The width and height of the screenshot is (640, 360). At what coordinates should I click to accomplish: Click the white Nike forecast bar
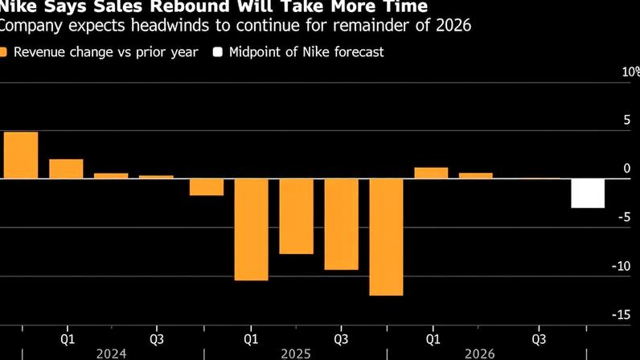click(588, 194)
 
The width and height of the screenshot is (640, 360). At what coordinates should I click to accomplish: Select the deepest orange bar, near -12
click(387, 237)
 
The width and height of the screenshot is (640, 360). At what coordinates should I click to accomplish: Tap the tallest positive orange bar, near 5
click(21, 155)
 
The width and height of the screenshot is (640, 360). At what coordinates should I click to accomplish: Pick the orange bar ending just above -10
click(342, 224)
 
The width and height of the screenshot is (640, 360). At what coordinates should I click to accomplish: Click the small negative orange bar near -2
click(207, 186)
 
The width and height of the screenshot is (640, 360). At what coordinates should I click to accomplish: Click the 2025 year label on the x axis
click(295, 353)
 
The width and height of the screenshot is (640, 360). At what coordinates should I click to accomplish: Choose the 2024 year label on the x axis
click(111, 353)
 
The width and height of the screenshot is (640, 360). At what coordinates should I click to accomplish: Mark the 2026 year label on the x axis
click(479, 353)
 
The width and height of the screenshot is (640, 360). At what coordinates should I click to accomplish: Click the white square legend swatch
click(217, 53)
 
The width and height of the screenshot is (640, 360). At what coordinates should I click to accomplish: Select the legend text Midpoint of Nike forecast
click(306, 53)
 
